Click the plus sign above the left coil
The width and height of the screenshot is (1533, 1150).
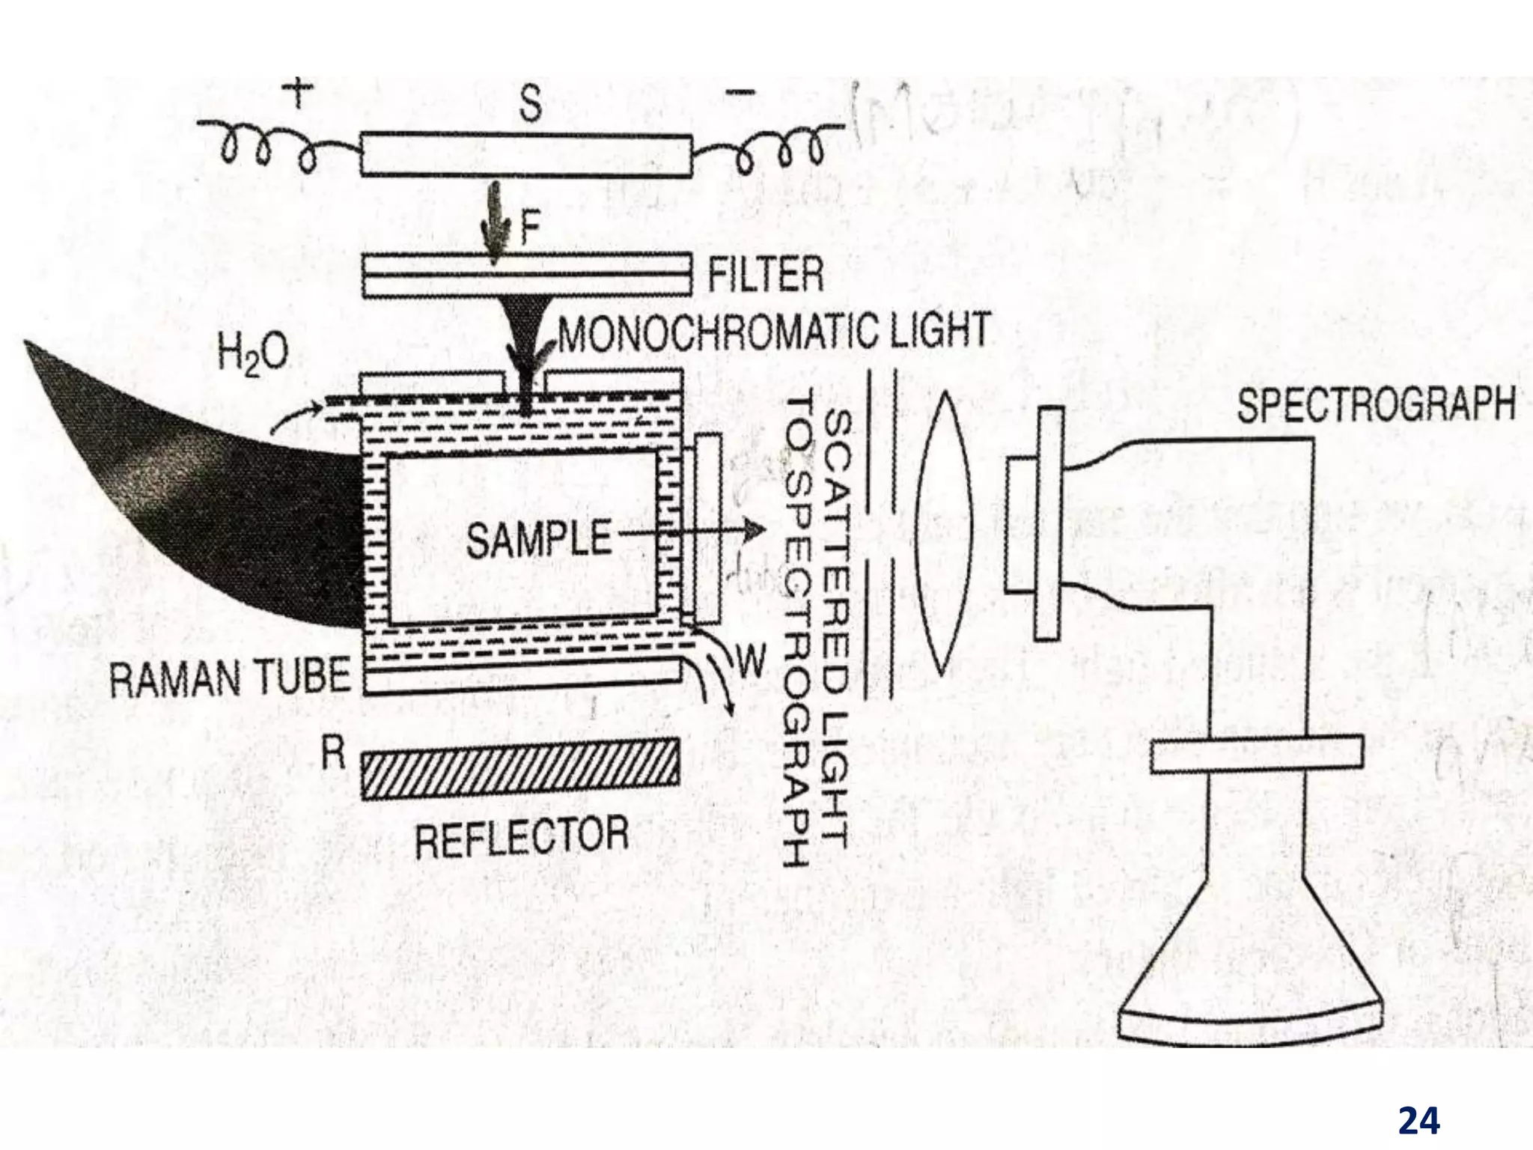tap(298, 95)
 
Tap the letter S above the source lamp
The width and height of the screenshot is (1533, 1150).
tap(530, 103)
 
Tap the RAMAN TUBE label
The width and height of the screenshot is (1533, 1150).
tap(230, 677)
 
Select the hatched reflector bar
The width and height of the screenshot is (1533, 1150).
tap(520, 769)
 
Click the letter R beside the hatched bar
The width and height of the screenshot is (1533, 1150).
tap(333, 752)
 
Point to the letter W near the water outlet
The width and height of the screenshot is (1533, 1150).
tap(752, 661)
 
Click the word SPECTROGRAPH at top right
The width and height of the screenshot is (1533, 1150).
tap(1375, 406)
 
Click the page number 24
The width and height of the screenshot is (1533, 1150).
tap(1418, 1100)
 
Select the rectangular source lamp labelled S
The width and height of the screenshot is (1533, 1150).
tap(525, 156)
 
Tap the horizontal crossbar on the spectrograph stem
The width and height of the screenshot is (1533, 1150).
tap(1256, 754)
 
